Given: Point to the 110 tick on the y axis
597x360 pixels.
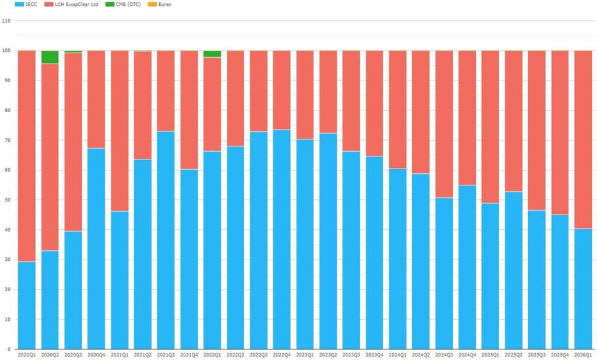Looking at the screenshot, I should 7,20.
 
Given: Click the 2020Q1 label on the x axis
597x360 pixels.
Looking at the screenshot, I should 26,355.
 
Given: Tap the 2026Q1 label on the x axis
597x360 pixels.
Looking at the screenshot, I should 583,355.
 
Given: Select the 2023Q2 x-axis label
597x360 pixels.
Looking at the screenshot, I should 328,355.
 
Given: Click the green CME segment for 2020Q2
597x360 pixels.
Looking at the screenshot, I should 50,57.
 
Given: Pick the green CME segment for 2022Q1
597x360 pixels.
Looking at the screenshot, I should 212,54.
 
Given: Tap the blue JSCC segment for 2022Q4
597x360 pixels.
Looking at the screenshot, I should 282,239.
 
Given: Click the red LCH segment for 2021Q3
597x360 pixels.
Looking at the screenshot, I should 166,90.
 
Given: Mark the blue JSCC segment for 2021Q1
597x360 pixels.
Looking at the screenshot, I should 120,280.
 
